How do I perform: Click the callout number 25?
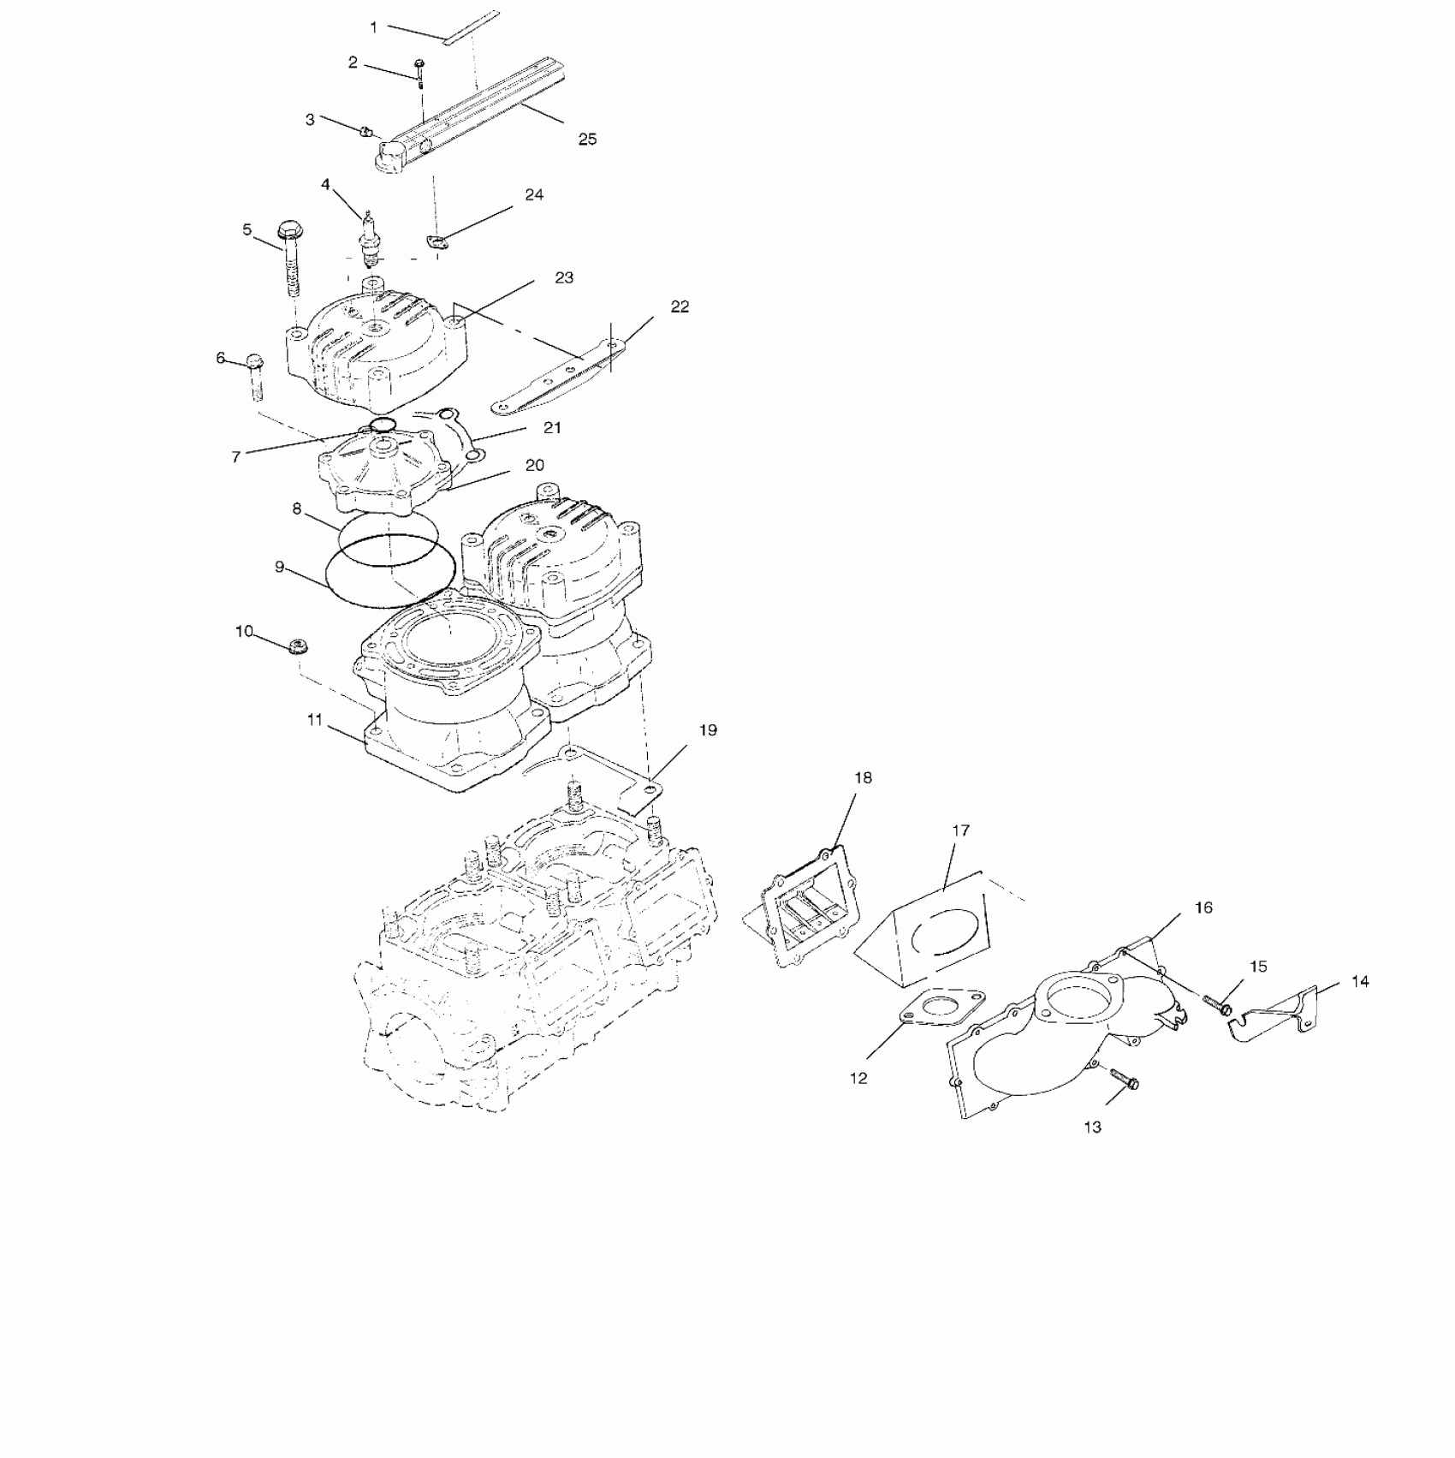(587, 139)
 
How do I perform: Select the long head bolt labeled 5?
(289, 261)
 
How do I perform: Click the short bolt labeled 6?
(255, 377)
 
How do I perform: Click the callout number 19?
(708, 730)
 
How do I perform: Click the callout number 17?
(960, 830)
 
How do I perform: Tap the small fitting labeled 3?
(365, 132)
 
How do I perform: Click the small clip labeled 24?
(436, 243)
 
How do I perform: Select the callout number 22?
(680, 306)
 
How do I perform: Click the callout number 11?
(315, 720)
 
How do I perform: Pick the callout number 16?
(1203, 908)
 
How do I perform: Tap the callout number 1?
(373, 27)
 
